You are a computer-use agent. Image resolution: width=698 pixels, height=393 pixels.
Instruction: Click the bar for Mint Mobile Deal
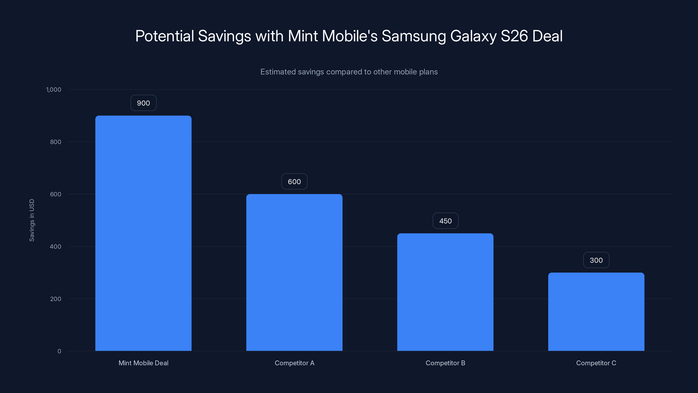pyautogui.click(x=143, y=233)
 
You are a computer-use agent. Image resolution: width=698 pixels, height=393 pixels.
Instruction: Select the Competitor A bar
pyautogui.click(x=294, y=272)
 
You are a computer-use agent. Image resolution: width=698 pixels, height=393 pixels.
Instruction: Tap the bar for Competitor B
pyautogui.click(x=445, y=292)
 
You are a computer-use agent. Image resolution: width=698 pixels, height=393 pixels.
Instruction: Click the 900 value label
pyautogui.click(x=143, y=103)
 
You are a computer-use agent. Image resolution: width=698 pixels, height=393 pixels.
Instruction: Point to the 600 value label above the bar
pyautogui.click(x=294, y=182)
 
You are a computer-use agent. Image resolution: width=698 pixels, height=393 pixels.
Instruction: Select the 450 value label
pyautogui.click(x=445, y=221)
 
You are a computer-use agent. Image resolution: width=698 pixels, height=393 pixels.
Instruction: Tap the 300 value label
pyautogui.click(x=596, y=260)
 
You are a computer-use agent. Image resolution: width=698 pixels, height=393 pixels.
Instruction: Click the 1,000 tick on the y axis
pyautogui.click(x=54, y=90)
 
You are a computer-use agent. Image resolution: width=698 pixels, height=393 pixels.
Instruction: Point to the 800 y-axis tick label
pyautogui.click(x=56, y=142)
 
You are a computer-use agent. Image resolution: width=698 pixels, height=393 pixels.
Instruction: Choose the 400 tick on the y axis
pyautogui.click(x=56, y=246)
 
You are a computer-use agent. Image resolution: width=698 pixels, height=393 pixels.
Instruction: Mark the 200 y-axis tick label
pyautogui.click(x=56, y=299)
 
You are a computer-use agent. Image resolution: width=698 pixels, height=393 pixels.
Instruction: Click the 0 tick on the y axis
pyautogui.click(x=59, y=351)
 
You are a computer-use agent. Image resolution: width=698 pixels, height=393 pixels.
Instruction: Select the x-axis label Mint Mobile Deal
pyautogui.click(x=143, y=363)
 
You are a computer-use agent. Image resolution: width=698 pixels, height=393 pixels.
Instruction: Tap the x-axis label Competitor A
pyautogui.click(x=294, y=363)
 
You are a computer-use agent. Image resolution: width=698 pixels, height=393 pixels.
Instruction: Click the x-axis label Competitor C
pyautogui.click(x=596, y=363)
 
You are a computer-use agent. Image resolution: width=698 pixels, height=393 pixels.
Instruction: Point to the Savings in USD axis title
pyautogui.click(x=32, y=220)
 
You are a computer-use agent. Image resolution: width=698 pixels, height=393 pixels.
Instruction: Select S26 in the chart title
pyautogui.click(x=514, y=36)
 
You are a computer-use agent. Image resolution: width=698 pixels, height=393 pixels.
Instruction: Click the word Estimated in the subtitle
pyautogui.click(x=278, y=72)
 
